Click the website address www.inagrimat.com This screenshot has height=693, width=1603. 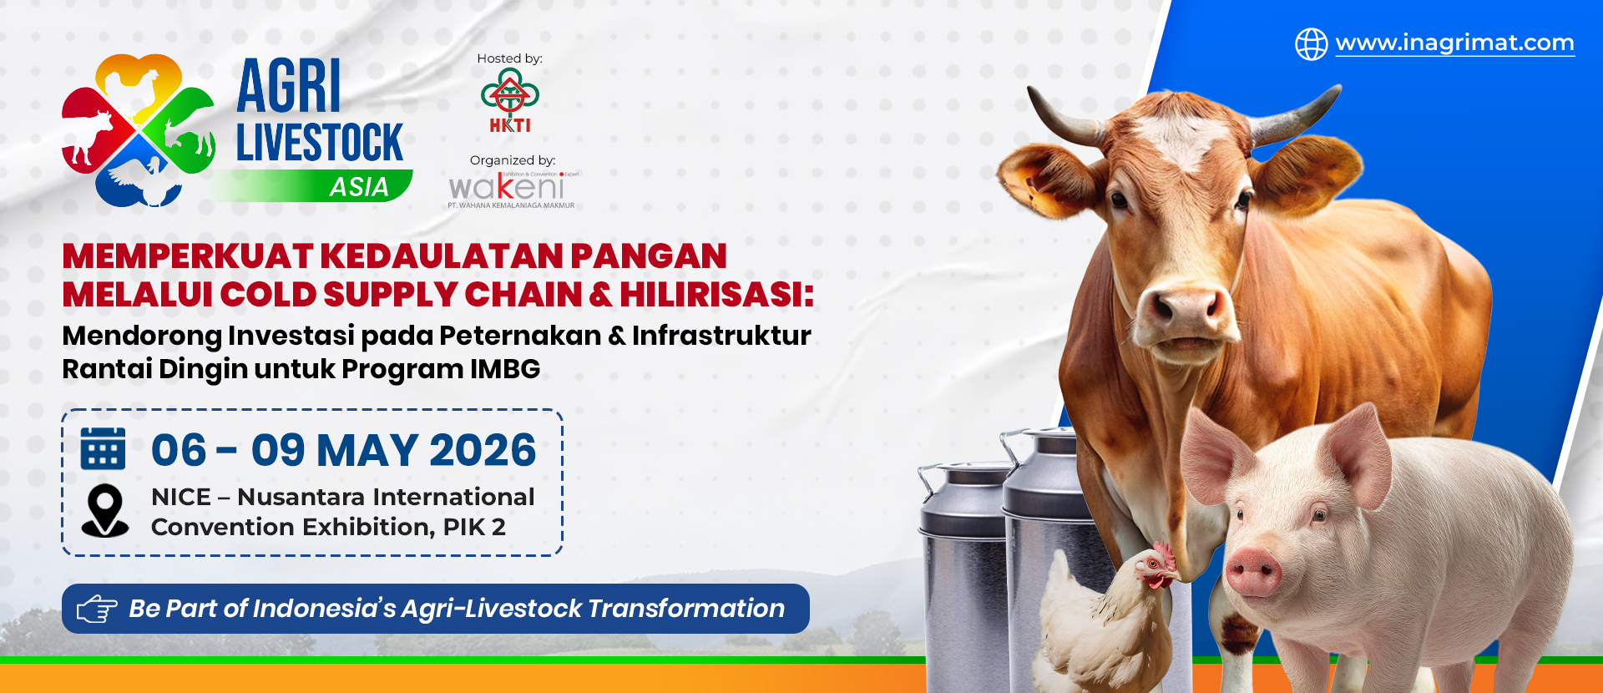coord(1454,43)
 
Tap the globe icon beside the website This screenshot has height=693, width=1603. coord(1311,43)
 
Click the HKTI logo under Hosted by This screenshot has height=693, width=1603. coord(510,101)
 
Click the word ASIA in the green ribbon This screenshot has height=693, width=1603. coord(359,187)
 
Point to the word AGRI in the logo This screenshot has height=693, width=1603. coord(289,87)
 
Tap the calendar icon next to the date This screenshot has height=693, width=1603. coord(103,449)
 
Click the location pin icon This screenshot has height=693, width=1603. coord(105,510)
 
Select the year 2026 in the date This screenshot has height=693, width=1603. coord(483,451)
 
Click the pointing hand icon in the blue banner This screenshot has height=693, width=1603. coord(97,610)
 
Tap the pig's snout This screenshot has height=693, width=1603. coord(1253,572)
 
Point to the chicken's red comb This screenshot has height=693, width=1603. coord(1161,552)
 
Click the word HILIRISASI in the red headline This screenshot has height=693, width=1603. coord(716,295)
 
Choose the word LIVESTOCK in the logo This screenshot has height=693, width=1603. coord(319,143)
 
